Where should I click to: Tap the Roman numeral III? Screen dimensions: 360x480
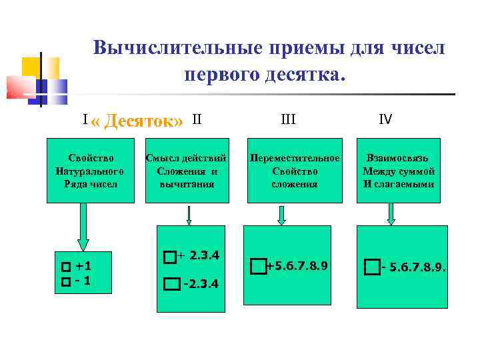[289, 120]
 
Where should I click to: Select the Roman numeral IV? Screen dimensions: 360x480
[385, 120]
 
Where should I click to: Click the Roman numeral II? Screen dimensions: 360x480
[197, 120]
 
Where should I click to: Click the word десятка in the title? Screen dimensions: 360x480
[309, 73]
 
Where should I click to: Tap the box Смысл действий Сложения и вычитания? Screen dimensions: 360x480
[187, 171]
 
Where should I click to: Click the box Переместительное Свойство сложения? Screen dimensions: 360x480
[295, 171]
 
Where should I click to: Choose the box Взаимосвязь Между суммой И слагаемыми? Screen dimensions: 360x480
[399, 171]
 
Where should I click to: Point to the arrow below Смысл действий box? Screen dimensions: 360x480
[189, 215]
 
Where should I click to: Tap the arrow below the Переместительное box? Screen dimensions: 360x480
[281, 215]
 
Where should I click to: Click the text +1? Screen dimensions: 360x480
[83, 266]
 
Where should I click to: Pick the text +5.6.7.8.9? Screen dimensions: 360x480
[297, 266]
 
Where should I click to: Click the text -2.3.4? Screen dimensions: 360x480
[200, 285]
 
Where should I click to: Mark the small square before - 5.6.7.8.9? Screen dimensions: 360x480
[371, 267]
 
